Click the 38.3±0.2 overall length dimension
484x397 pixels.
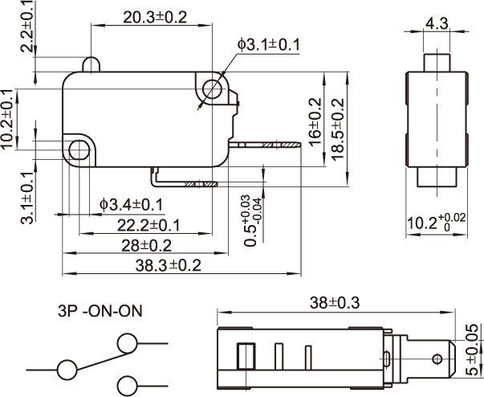(159, 264)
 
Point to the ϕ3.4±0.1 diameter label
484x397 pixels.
(132, 205)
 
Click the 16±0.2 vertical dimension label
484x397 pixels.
(315, 121)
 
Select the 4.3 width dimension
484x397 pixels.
(437, 24)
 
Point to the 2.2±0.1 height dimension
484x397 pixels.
(26, 27)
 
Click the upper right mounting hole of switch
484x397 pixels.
(212, 88)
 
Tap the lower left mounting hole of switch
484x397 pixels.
(79, 149)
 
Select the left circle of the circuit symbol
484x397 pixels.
(66, 370)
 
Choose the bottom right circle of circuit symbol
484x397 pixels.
(127, 384)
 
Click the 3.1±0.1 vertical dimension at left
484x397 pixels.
(26, 197)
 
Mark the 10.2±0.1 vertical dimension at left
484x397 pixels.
(8, 119)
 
